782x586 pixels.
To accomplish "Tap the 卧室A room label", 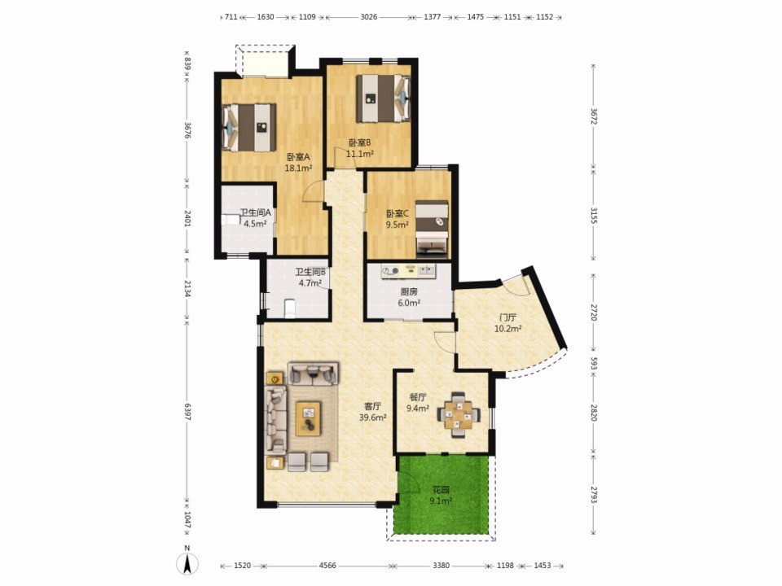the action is pyautogui.click(x=298, y=157).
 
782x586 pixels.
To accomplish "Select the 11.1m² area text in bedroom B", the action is pyautogui.click(x=360, y=154).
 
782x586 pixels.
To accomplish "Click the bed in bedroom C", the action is pyautogui.click(x=432, y=228).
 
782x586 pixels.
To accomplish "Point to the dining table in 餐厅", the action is pyautogui.click(x=459, y=414).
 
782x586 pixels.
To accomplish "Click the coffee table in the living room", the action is pyautogui.click(x=308, y=418).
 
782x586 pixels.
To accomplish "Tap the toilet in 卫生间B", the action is pyautogui.click(x=290, y=308).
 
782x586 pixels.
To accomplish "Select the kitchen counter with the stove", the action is pyautogui.click(x=408, y=271).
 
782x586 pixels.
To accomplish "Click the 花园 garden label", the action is pyautogui.click(x=441, y=490).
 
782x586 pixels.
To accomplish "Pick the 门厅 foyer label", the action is pyautogui.click(x=507, y=317).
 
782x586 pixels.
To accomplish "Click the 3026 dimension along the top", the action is pyautogui.click(x=368, y=16).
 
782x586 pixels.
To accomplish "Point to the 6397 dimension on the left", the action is pyautogui.click(x=187, y=412).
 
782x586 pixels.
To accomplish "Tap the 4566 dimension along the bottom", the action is pyautogui.click(x=327, y=566).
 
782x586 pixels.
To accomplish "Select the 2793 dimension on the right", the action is pyautogui.click(x=594, y=494).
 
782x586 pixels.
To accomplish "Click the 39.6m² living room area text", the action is pyautogui.click(x=373, y=418).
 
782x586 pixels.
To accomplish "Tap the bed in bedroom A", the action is pyautogui.click(x=249, y=127).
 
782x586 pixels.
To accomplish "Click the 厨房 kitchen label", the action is pyautogui.click(x=409, y=292).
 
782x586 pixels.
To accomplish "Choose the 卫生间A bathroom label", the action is pyautogui.click(x=255, y=212).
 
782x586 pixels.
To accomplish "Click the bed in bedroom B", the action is pyautogui.click(x=383, y=98).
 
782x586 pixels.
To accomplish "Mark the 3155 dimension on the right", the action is pyautogui.click(x=594, y=215).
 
